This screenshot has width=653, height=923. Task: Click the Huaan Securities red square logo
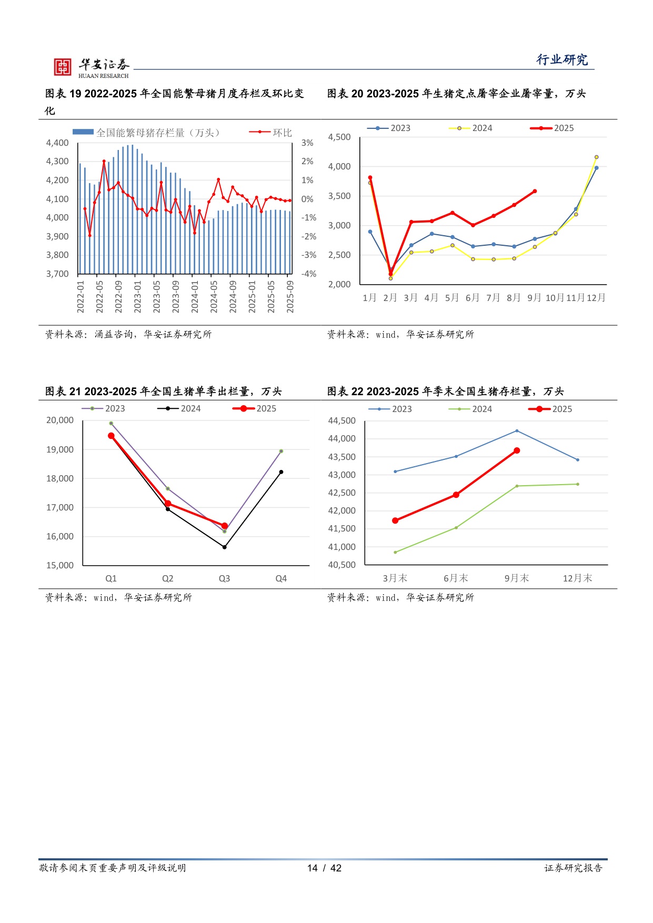click(63, 67)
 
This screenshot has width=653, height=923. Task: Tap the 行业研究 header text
click(562, 60)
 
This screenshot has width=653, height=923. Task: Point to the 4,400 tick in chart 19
click(57, 143)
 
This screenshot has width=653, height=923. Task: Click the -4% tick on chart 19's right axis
click(309, 274)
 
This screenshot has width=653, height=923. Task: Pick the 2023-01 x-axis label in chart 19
click(138, 297)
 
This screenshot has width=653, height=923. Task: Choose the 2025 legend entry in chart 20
click(552, 128)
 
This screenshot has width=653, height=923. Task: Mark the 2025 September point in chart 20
click(535, 192)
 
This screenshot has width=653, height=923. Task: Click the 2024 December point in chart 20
click(596, 157)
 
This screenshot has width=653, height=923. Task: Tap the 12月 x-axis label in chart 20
click(596, 298)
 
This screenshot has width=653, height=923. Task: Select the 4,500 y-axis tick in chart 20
click(339, 137)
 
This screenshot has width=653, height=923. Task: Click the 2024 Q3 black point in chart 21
click(225, 547)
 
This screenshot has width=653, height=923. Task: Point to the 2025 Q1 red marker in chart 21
click(111, 436)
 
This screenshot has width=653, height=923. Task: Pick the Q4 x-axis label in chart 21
click(281, 578)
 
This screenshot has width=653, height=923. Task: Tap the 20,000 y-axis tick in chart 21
click(60, 420)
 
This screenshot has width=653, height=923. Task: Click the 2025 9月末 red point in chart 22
click(517, 450)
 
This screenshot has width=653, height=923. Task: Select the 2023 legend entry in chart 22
click(391, 409)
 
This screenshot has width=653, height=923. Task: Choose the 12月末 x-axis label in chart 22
click(577, 578)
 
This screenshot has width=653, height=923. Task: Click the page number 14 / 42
click(324, 868)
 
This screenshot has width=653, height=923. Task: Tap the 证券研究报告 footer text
click(573, 868)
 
